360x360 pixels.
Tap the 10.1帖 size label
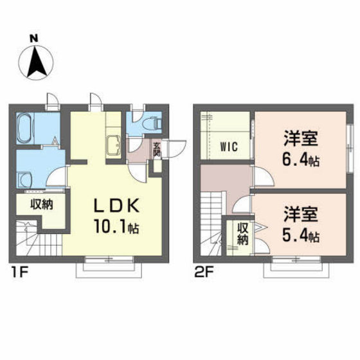click(x=118, y=228)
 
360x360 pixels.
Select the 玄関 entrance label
click(x=156, y=150)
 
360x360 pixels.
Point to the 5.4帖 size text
click(x=302, y=235)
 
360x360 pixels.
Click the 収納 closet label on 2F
click(x=243, y=233)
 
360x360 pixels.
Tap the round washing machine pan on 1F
click(x=26, y=179)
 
